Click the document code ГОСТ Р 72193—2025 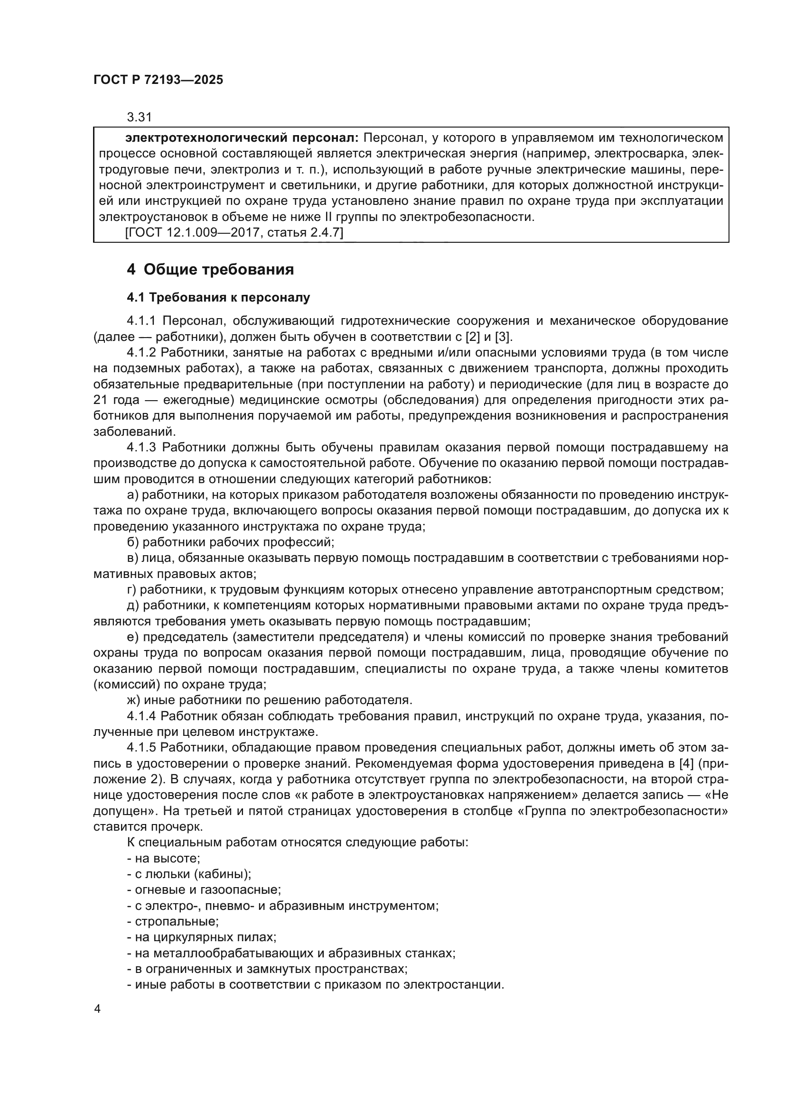pyautogui.click(x=158, y=80)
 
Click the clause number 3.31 pyautogui.click(x=139, y=117)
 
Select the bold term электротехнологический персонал pyautogui.click(x=242, y=138)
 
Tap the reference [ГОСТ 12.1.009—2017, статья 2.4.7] pyautogui.click(x=234, y=233)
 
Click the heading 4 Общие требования pyautogui.click(x=210, y=269)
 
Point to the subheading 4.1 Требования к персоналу pyautogui.click(x=218, y=298)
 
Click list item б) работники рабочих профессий pyautogui.click(x=231, y=542)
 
